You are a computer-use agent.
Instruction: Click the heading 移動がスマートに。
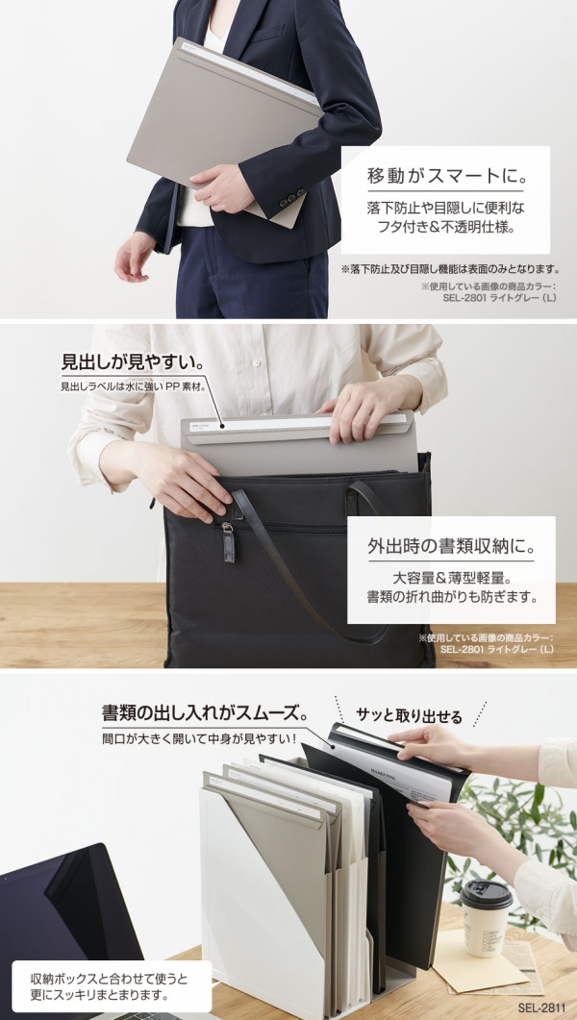tap(446, 176)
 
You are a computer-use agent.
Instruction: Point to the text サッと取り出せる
tap(409, 717)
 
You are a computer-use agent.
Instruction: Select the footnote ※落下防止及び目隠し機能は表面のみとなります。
tap(450, 268)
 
